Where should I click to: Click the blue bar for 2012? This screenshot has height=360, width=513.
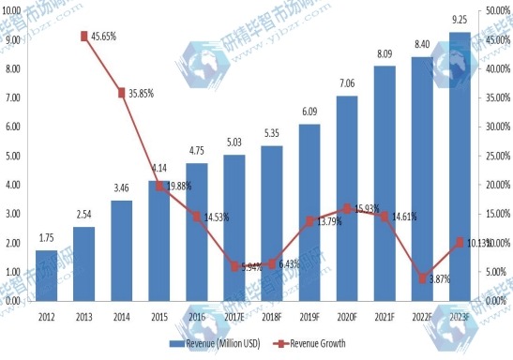pyautogui.click(x=47, y=276)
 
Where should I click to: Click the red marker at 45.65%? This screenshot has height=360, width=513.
pyautogui.click(x=84, y=36)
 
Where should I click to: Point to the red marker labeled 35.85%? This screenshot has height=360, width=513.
pyautogui.click(x=122, y=93)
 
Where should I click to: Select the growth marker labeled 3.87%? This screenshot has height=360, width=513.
pyautogui.click(x=423, y=278)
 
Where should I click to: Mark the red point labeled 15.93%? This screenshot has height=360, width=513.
pyautogui.click(x=347, y=208)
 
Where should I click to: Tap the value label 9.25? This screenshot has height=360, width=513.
pyautogui.click(x=460, y=20)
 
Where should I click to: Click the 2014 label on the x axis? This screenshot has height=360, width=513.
pyautogui.click(x=122, y=316)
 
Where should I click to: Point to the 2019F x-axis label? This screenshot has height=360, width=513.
pyautogui.click(x=309, y=316)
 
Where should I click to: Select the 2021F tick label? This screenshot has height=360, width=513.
pyautogui.click(x=385, y=316)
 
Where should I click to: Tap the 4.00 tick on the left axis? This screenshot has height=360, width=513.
pyautogui.click(x=13, y=185)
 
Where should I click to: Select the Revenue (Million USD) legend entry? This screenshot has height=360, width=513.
pyautogui.click(x=221, y=345)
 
